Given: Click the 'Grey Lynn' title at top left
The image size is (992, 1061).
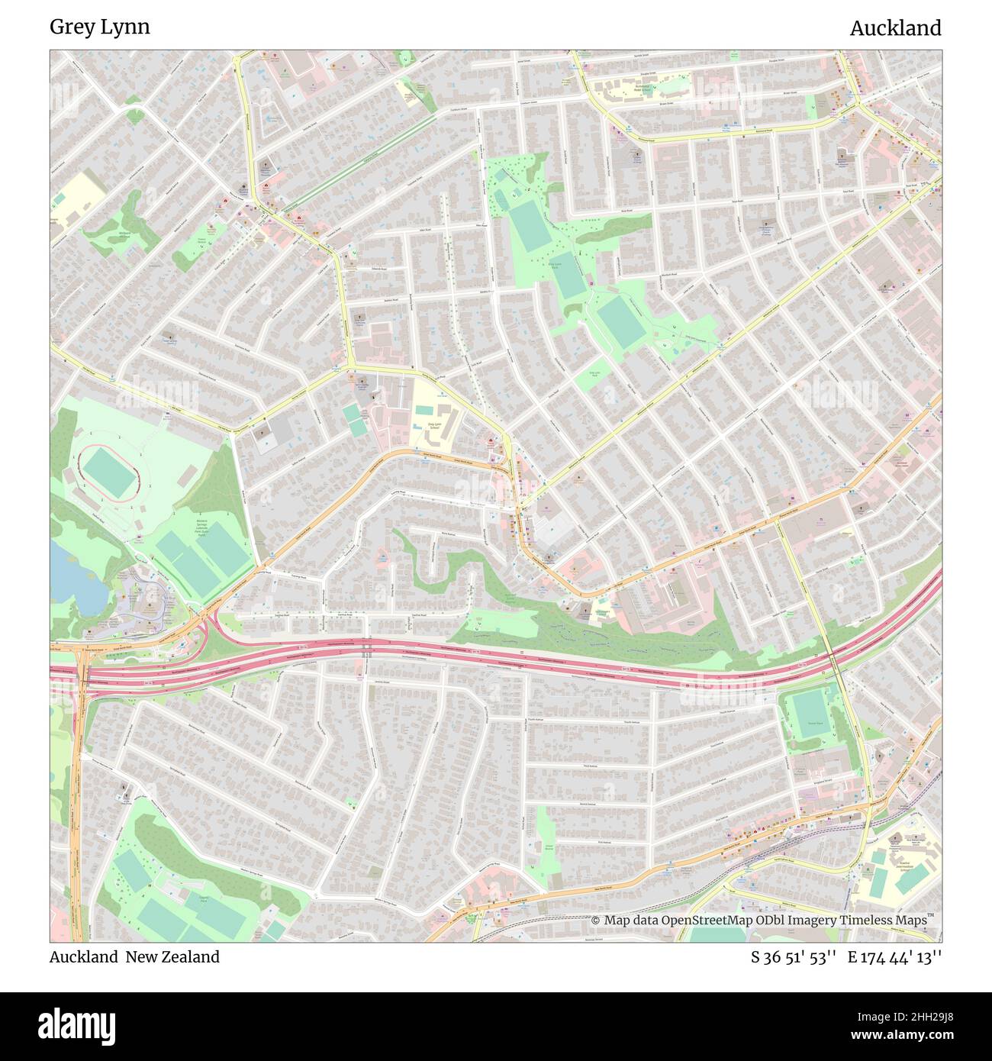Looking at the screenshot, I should click(x=100, y=27).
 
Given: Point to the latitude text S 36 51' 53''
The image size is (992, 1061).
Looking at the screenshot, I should click(x=794, y=957).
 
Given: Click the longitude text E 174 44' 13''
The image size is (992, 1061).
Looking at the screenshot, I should click(x=894, y=957).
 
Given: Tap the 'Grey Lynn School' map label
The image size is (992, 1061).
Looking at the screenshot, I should click(x=434, y=425).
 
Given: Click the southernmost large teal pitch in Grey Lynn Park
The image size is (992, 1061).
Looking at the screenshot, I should click(x=620, y=321).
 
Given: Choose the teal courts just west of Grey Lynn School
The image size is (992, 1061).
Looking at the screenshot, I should click(x=353, y=420).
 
